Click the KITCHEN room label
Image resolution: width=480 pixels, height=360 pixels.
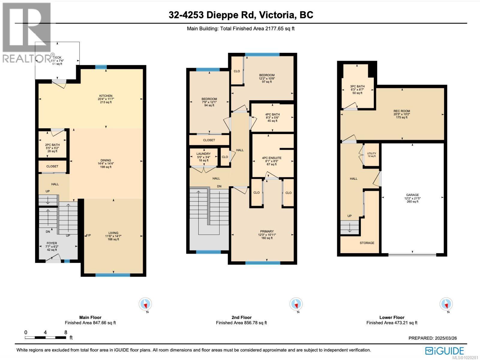[106, 96]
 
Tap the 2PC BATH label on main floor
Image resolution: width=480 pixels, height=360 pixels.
[52, 145]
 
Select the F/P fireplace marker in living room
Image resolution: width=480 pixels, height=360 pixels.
[88, 235]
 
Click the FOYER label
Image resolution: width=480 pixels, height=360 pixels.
[52, 243]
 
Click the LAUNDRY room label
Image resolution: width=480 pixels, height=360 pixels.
[203, 154]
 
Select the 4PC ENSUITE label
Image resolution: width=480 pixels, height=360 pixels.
[271, 158]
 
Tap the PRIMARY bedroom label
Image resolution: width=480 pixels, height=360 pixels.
[267, 231]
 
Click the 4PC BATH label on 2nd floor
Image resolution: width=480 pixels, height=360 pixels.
[272, 114]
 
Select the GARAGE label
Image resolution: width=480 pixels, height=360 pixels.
[412, 195]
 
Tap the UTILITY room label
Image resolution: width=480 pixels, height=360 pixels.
[371, 154]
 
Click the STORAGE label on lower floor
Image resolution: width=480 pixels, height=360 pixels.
[367, 243]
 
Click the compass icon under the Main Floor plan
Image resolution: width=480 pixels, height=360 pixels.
[145, 304]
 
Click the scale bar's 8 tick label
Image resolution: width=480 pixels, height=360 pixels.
[66, 332]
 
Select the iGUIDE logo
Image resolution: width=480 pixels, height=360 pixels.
[445, 350]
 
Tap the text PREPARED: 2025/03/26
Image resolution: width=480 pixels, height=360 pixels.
[433, 338]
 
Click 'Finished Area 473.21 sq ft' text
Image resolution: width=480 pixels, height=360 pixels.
[391, 323]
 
